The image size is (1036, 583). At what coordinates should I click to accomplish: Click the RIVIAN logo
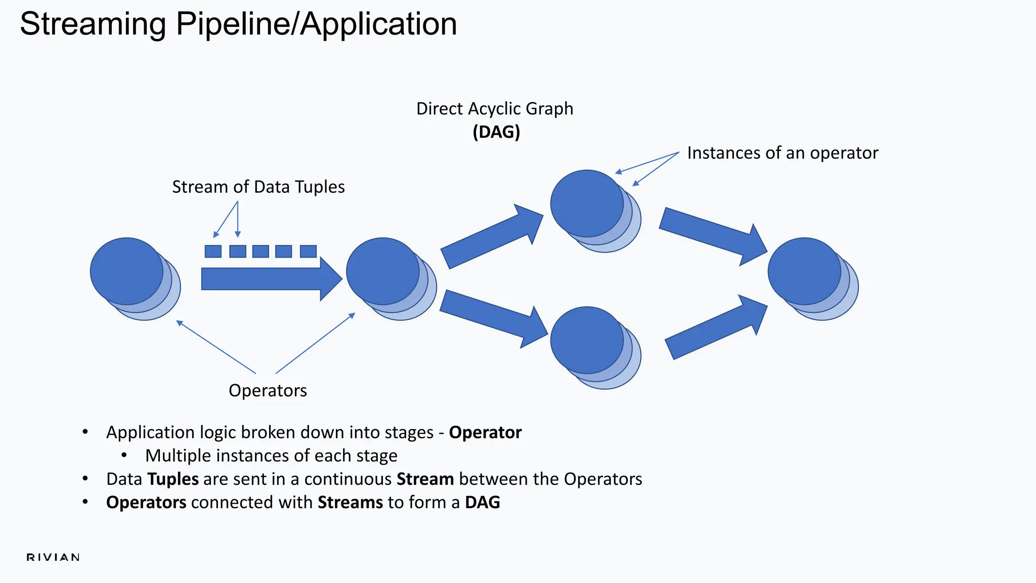pos(53,557)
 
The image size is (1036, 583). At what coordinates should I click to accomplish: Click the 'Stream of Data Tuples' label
pos(258,187)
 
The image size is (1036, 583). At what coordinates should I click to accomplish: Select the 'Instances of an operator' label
pos(782,153)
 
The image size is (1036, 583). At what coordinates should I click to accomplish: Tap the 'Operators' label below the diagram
pos(268,390)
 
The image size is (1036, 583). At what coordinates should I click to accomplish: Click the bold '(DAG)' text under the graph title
pos(496,132)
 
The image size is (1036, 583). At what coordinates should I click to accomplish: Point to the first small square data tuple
pos(213,251)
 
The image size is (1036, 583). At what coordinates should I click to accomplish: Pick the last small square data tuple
pos(308,251)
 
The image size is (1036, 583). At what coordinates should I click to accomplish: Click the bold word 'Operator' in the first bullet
pos(485,432)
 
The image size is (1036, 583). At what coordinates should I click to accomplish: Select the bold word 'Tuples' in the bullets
pos(173,479)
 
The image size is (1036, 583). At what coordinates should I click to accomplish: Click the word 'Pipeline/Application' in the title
pos(316,24)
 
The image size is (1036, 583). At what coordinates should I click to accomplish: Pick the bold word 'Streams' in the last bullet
pos(350,502)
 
